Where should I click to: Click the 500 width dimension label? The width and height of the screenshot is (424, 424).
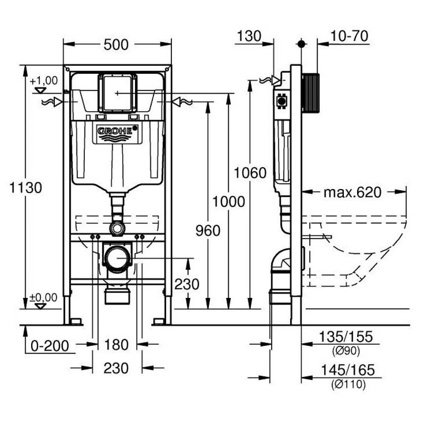[x=116, y=45]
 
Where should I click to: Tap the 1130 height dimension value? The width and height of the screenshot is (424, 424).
[x=25, y=188]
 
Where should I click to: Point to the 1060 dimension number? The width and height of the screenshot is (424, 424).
[x=250, y=173]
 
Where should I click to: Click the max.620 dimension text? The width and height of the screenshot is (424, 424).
[x=352, y=192]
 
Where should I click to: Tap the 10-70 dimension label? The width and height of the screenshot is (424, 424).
[x=349, y=36]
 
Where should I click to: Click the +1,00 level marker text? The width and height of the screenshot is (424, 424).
[x=43, y=81]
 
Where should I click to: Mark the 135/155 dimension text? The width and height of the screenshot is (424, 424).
[x=345, y=337]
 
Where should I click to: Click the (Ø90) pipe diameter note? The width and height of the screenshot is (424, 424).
[x=346, y=351]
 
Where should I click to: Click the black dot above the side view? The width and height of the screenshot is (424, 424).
[x=301, y=44]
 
